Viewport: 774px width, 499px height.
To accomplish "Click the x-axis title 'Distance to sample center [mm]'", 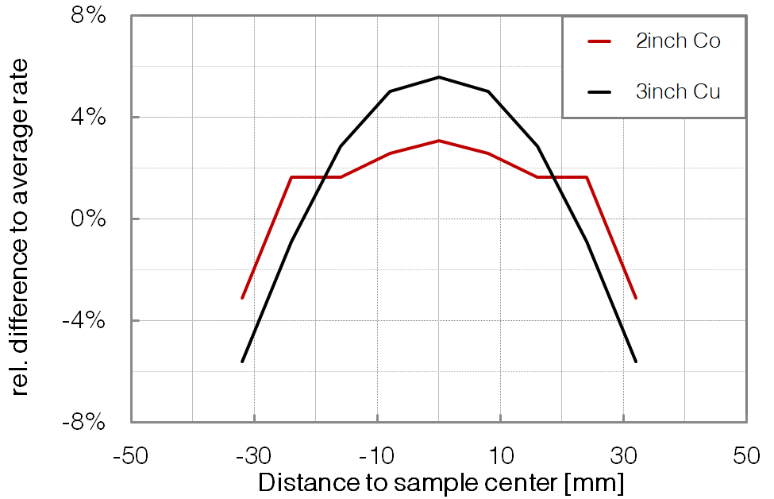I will tap(441, 482).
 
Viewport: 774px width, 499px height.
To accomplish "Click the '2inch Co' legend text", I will tap(678, 42).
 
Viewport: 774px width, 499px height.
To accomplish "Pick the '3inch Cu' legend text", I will tap(678, 91).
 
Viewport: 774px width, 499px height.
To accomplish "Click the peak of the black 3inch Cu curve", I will tap(439, 77).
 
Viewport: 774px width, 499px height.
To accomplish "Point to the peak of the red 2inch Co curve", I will tap(439, 141).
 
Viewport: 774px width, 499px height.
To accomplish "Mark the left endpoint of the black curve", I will tap(242, 362).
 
